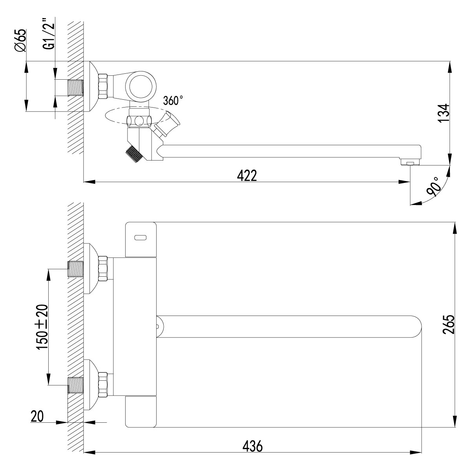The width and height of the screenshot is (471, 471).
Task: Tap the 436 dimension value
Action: (x=252, y=446)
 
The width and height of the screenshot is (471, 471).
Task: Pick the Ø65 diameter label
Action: (x=20, y=40)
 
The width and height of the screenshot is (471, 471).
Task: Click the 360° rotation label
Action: (x=173, y=100)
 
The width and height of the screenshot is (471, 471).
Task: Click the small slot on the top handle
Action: (x=140, y=237)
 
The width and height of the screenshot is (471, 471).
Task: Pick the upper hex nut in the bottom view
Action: (x=103, y=268)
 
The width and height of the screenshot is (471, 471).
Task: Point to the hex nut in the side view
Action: (x=103, y=86)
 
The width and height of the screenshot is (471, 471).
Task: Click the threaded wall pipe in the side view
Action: (x=76, y=88)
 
